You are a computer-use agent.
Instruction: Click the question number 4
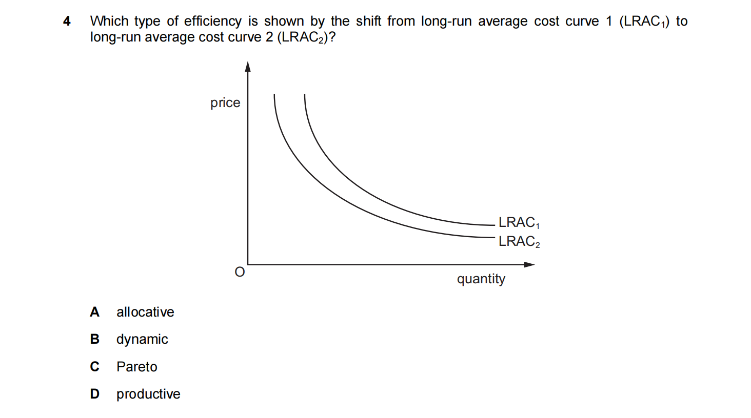click(67, 21)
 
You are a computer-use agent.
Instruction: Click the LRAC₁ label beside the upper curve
click(519, 222)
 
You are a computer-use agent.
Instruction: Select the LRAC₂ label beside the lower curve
click(519, 241)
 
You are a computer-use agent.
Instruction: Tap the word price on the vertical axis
click(225, 103)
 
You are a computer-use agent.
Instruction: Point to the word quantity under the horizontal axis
click(481, 279)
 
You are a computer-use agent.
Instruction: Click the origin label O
click(240, 272)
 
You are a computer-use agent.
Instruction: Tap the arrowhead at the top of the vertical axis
click(248, 67)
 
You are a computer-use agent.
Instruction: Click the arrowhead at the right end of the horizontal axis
click(530, 264)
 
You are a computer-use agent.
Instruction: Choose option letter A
click(94, 312)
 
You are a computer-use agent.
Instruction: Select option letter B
click(94, 339)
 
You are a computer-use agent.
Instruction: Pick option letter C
click(94, 367)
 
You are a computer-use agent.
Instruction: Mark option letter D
click(94, 394)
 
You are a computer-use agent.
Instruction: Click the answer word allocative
click(145, 312)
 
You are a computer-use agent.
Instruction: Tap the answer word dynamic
click(142, 340)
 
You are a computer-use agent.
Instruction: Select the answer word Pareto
click(136, 367)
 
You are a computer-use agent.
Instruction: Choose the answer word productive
click(148, 394)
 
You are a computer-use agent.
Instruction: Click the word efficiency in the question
click(212, 22)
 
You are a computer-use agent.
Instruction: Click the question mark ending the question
click(332, 37)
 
